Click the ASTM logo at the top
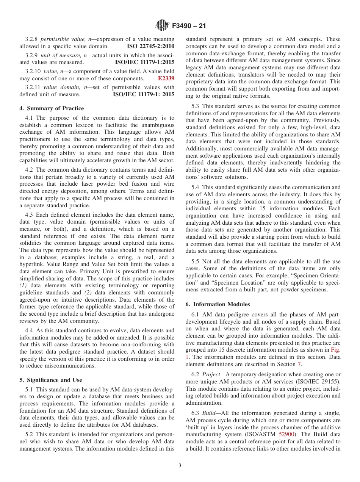[163, 26]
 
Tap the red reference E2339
[166, 78]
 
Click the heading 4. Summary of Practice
[52, 108]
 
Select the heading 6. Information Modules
[217, 304]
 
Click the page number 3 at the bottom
[180, 466]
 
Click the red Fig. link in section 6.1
[335, 350]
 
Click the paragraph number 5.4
[195, 187]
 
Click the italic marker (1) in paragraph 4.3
[23, 285]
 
